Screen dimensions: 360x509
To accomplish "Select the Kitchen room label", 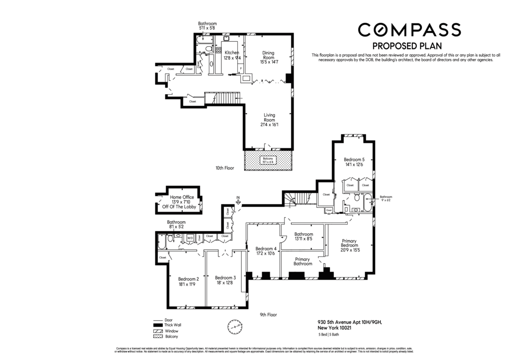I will click(232, 55).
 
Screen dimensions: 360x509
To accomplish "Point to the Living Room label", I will click(269, 120).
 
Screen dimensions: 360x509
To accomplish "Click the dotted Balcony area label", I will click(268, 160).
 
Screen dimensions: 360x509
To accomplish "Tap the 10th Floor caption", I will click(224, 168).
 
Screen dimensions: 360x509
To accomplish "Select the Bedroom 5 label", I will click(354, 162).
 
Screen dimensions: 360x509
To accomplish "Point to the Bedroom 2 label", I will click(188, 282).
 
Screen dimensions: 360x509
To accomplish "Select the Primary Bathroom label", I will click(303, 261).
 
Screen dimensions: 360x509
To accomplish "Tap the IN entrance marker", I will click(238, 199).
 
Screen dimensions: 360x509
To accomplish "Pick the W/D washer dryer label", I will click(189, 237).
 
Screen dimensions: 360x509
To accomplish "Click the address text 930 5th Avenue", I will click(349, 322).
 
